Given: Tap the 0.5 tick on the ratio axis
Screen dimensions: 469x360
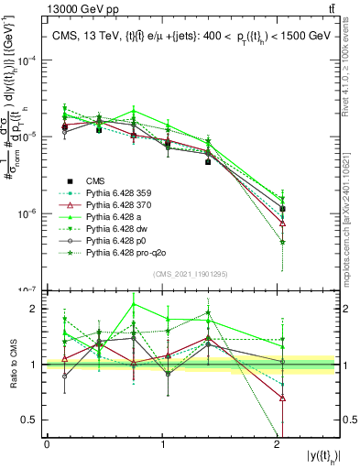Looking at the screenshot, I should [35, 420].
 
